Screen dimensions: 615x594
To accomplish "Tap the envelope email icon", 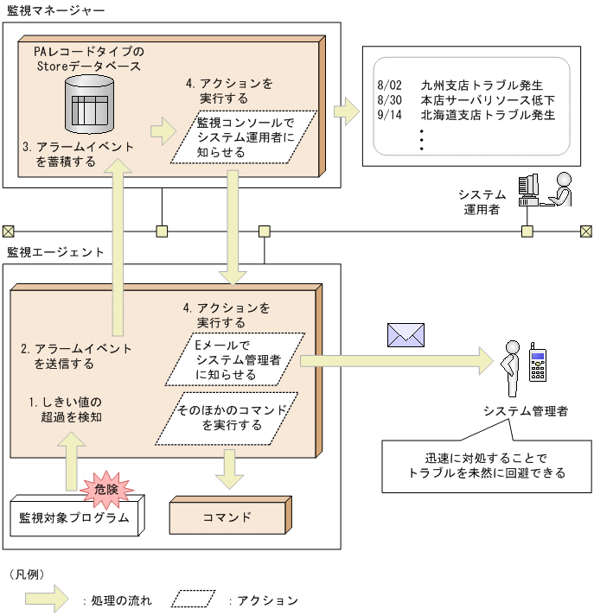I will point(406,334).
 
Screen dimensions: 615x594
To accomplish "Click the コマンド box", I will point(227,517).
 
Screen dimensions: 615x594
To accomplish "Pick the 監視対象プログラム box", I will point(73,518).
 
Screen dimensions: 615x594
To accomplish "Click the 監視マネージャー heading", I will point(55,11).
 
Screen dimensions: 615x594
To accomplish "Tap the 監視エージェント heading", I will point(55,252).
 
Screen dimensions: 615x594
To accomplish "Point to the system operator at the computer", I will point(545,190).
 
